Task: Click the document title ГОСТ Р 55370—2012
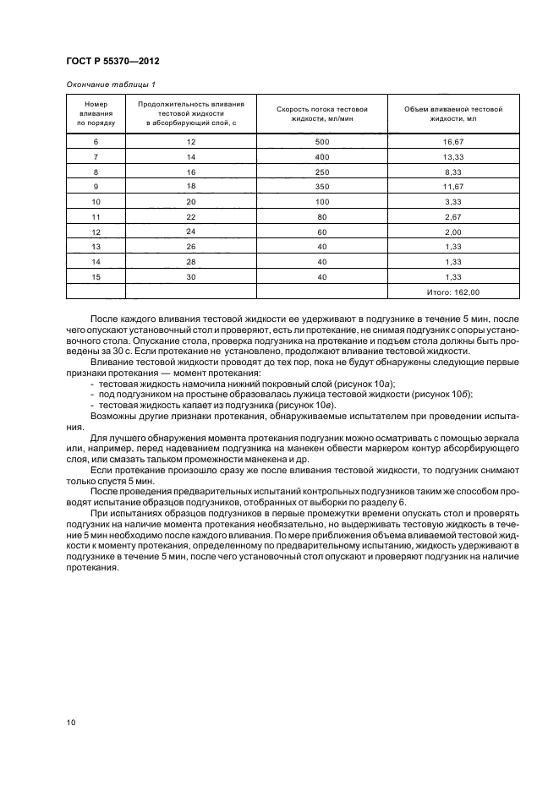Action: tap(112, 63)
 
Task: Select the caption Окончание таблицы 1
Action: tap(110, 84)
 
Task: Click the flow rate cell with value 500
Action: tap(321, 141)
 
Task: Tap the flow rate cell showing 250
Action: tap(321, 172)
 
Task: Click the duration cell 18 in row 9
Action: tap(191, 186)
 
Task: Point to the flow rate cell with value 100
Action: tap(321, 202)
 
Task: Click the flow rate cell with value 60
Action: tap(321, 232)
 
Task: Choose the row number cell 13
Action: tap(96, 247)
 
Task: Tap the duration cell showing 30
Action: tap(191, 276)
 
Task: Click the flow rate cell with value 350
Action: tap(321, 186)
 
